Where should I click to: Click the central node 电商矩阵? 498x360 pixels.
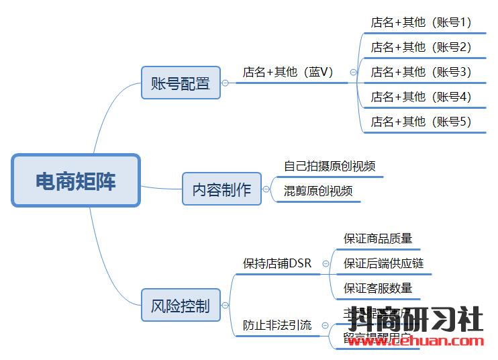click(x=75, y=181)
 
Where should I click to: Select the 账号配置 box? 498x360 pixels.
click(x=181, y=83)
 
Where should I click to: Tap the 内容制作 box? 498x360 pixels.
click(x=221, y=189)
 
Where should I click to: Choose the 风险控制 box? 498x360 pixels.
click(x=181, y=306)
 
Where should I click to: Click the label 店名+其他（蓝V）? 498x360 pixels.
click(x=288, y=72)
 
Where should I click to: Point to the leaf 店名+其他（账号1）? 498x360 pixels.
click(x=421, y=22)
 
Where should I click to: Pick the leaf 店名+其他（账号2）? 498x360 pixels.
click(x=421, y=47)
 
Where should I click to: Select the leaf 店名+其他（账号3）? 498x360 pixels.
click(x=421, y=72)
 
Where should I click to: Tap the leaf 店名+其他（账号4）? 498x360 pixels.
click(x=421, y=97)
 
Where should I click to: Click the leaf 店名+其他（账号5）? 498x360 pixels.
click(x=421, y=122)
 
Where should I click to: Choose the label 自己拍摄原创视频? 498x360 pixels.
click(x=330, y=166)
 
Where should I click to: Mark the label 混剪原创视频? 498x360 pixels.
click(x=318, y=191)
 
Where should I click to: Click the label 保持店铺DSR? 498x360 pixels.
click(x=277, y=263)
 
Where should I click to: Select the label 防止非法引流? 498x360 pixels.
click(x=277, y=325)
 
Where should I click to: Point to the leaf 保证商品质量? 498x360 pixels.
click(x=378, y=238)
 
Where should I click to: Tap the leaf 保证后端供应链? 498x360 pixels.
click(x=384, y=263)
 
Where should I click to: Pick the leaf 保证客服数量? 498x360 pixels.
click(x=378, y=288)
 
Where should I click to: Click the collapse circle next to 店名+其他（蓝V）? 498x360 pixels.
click(x=353, y=73)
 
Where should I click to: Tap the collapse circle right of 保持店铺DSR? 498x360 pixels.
click(x=326, y=264)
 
